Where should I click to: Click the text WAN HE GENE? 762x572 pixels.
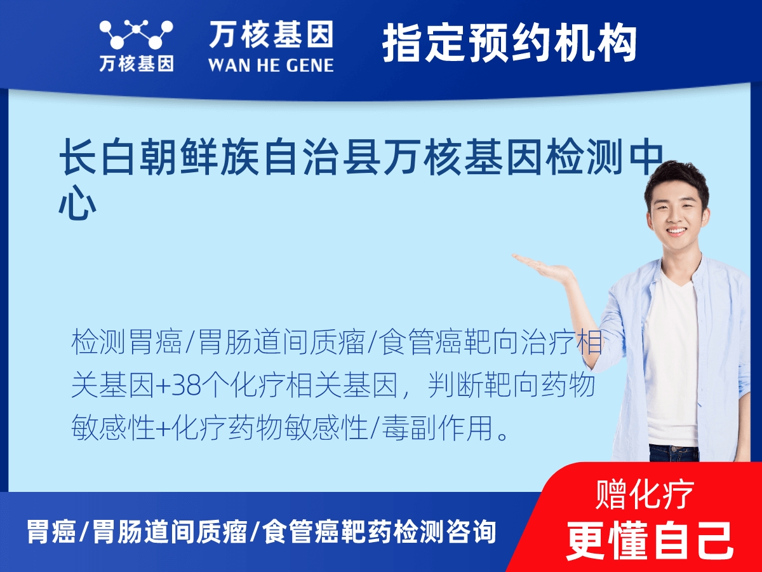[271, 64]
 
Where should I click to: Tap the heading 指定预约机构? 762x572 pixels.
[509, 43]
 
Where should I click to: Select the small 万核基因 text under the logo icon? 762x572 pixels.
[136, 64]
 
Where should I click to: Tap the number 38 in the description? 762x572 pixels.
[182, 386]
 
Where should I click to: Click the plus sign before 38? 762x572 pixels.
[162, 386]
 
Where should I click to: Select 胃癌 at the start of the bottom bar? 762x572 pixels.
[51, 531]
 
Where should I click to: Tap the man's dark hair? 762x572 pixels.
[676, 176]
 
